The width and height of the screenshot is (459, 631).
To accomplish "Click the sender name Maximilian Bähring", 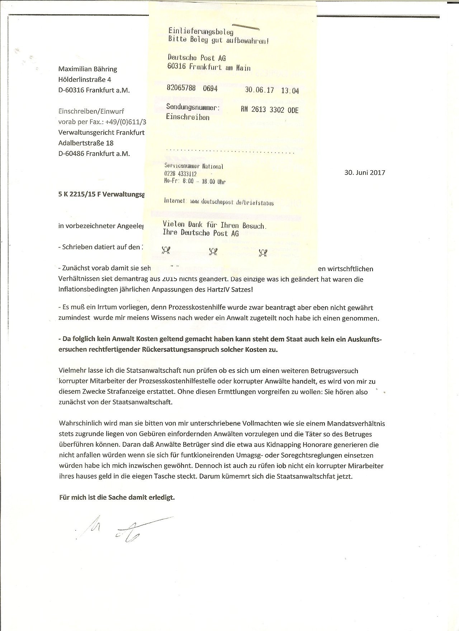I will tap(87, 69).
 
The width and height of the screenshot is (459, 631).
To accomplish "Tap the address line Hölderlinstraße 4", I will tap(82, 80).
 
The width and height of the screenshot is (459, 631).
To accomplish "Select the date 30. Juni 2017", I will tap(364, 172).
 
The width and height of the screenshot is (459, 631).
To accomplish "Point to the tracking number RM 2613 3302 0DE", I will tap(270, 110).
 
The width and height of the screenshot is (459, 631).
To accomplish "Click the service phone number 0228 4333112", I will tap(180, 174).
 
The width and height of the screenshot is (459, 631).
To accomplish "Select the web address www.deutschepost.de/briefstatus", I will tap(232, 203).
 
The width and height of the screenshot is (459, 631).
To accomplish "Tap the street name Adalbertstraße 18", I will tap(86, 143).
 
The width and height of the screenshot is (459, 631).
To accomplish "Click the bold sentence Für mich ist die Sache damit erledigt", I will tap(117, 498).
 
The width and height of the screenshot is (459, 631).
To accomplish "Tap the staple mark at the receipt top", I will tap(246, 27).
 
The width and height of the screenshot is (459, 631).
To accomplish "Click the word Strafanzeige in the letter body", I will tap(130, 392).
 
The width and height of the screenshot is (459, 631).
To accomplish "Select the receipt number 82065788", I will tap(181, 89).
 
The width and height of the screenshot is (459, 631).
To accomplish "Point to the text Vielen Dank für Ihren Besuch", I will tap(214, 226).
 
